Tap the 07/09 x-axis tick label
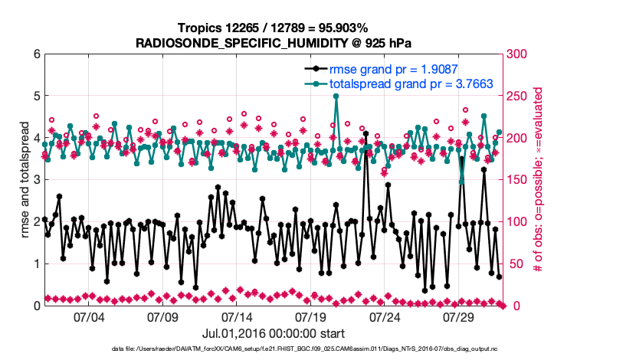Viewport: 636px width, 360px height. pos(162,316)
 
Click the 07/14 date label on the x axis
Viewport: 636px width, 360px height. pos(237,316)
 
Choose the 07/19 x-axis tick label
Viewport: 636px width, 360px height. pos(311,316)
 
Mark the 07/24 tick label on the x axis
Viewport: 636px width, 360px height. pos(385,316)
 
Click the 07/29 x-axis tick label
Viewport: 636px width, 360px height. pos(460,316)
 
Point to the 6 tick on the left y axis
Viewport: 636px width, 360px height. pos(36,54)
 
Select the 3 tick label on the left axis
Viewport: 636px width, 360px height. pos(36,180)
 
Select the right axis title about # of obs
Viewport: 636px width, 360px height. pos(539,180)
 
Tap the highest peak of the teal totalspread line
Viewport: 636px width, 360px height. pos(336,97)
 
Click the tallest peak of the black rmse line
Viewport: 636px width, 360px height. pos(366,134)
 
